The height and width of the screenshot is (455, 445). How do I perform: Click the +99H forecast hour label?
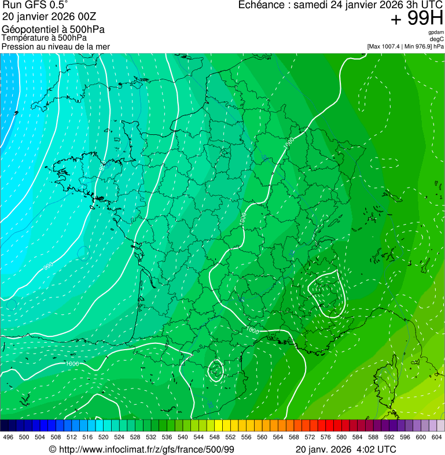pos(417,19)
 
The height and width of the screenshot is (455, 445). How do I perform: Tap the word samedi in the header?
pos(312,5)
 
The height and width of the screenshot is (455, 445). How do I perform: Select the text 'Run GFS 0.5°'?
pos(35,5)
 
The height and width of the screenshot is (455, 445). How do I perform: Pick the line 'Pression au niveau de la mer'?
pos(56,46)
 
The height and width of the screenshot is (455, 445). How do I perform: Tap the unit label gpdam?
pos(436,32)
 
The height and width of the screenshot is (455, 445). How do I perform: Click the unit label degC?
pos(437,39)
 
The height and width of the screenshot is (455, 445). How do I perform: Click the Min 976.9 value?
pos(417,46)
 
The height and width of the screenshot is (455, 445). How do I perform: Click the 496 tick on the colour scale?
pos(8,437)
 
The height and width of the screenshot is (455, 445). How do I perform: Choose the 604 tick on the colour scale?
pos(437,437)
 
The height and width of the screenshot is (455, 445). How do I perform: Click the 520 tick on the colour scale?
pos(104,437)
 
